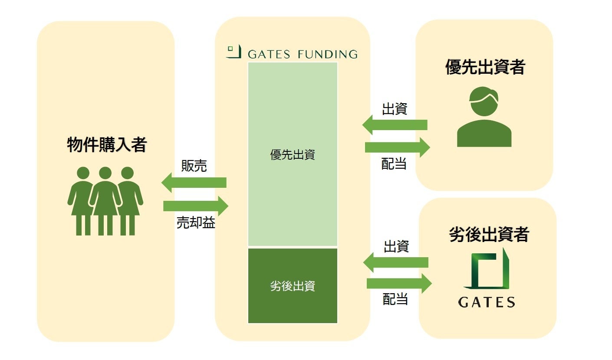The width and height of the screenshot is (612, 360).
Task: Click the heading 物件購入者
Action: pos(106,145)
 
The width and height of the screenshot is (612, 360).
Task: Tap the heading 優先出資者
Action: pos(485,67)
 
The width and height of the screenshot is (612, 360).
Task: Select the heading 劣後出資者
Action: pos(489,234)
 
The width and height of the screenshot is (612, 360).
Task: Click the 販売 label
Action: pos(194,166)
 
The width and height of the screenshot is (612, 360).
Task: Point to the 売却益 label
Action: pos(196,223)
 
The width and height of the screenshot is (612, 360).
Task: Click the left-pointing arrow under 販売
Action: pos(194,183)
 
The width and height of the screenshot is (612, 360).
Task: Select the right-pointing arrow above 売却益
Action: pos(196,206)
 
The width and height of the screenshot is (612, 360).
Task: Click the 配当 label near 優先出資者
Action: pos(394,164)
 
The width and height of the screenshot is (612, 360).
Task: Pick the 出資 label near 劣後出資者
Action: pos(396,246)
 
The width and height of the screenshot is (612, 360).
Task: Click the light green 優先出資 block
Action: pos(293,154)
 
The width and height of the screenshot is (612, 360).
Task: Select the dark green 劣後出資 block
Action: pos(293,286)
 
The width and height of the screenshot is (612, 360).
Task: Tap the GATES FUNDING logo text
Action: pos(303,54)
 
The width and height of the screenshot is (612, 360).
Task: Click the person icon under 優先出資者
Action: pos(484,117)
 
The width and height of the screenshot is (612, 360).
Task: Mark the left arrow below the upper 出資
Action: pos(395,125)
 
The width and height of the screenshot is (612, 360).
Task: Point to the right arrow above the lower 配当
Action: pos(399,284)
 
